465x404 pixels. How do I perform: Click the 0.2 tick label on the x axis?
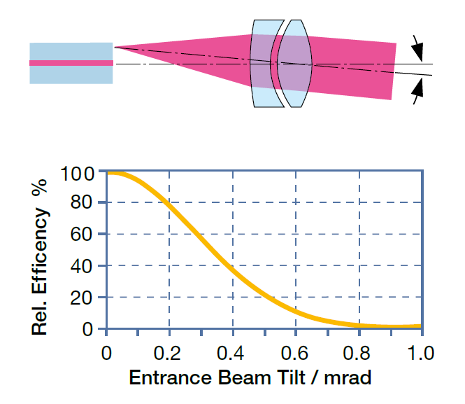(169, 349)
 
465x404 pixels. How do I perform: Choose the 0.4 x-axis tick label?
(231, 349)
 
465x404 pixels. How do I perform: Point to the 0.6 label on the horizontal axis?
(295, 349)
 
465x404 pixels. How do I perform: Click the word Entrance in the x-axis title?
(166, 379)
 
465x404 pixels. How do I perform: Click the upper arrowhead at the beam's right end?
(417, 49)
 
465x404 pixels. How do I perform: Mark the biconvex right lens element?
(293, 63)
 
